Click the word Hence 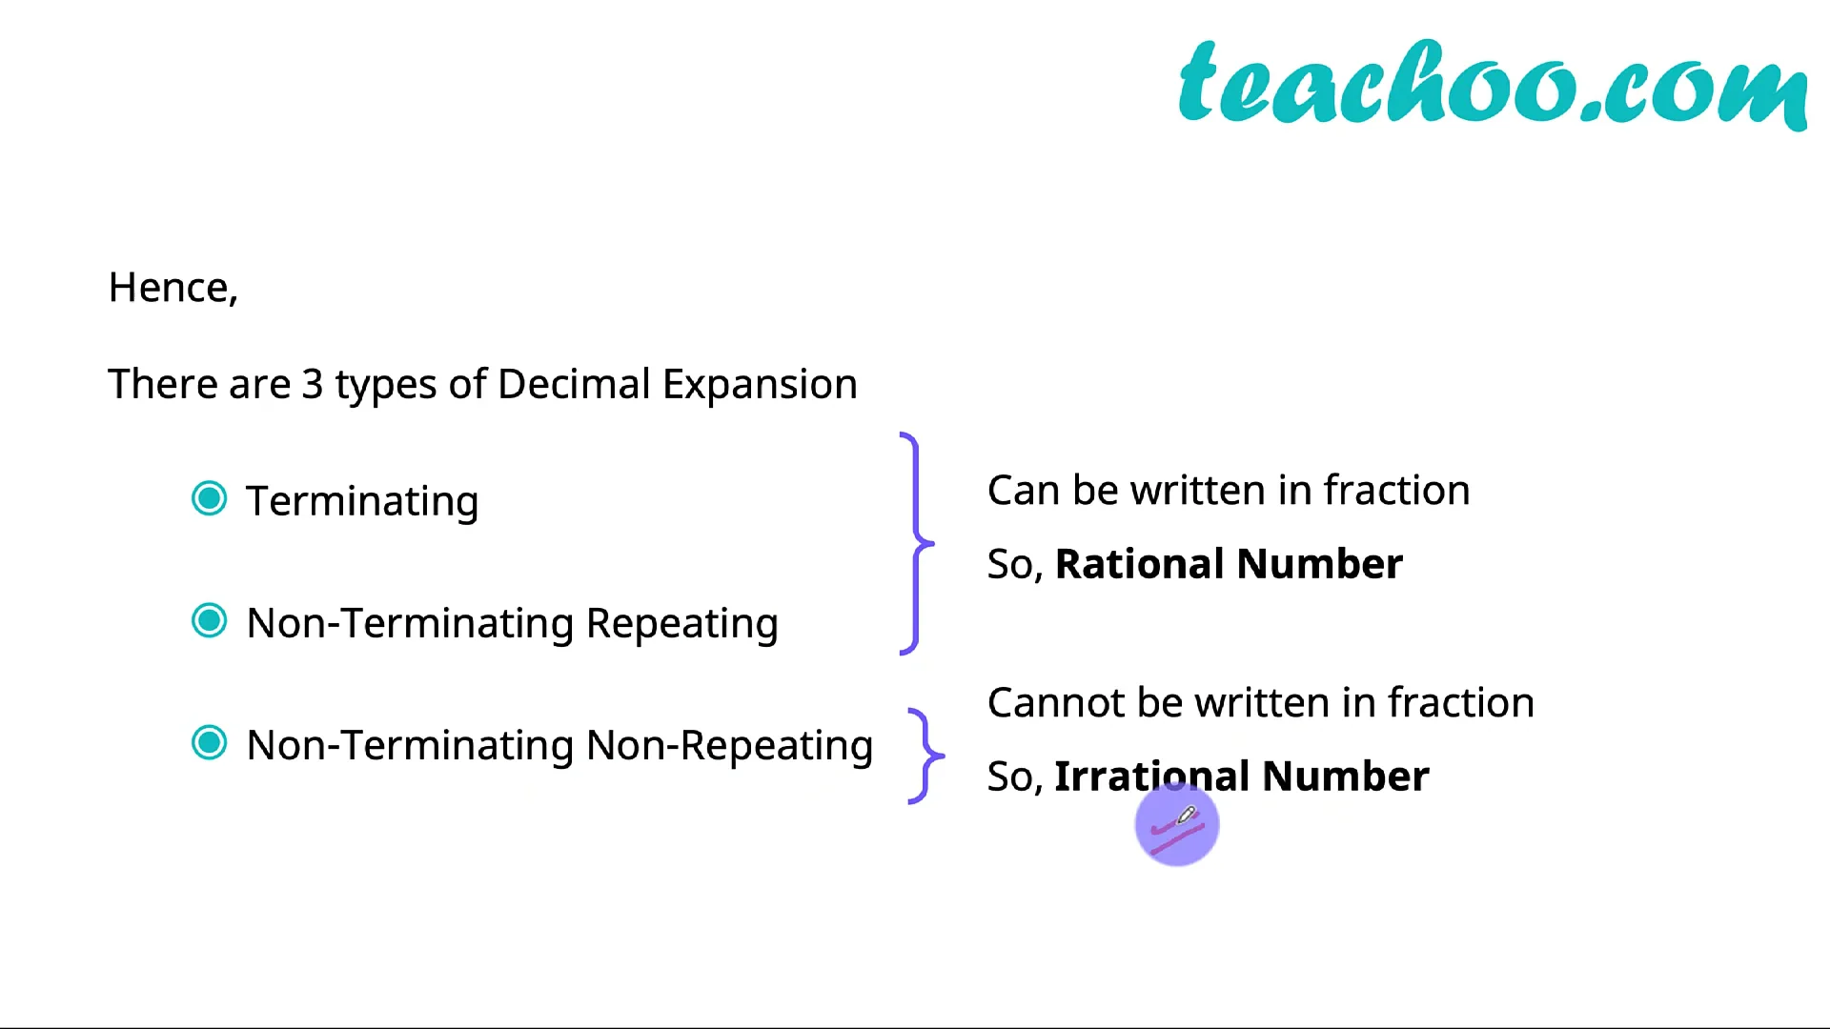(x=169, y=288)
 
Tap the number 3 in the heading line (x=313, y=384)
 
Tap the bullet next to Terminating (x=210, y=498)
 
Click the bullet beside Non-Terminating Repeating (x=210, y=621)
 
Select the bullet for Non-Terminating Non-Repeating (x=210, y=743)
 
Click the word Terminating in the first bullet (x=362, y=502)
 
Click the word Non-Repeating (x=729, y=746)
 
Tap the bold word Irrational (x=1152, y=777)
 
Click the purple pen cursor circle (x=1177, y=825)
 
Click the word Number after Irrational (x=1346, y=777)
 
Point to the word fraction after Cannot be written (x=1461, y=703)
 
